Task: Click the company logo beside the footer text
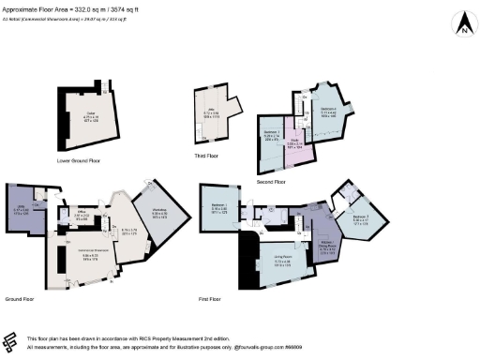(x=11, y=341)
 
